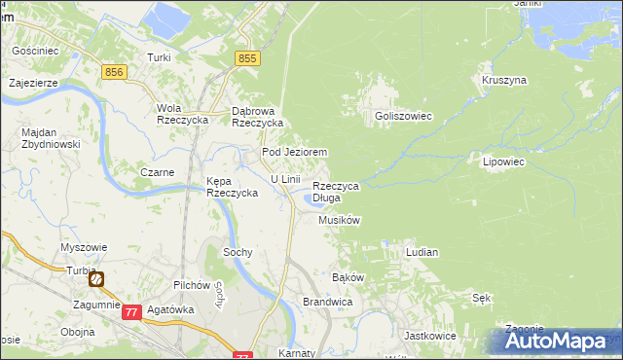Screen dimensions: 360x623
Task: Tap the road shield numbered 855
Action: coord(248,59)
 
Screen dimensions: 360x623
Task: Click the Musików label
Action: coord(340,221)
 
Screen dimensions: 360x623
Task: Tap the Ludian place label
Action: coord(421,252)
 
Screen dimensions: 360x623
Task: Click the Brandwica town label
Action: coord(326,303)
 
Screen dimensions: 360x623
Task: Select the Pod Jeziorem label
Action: coord(293,153)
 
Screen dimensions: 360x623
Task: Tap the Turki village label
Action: coord(159,57)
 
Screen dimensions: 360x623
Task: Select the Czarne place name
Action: coord(157,172)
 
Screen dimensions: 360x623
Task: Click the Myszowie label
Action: coord(84,247)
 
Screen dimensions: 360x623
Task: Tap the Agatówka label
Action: coord(170,309)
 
